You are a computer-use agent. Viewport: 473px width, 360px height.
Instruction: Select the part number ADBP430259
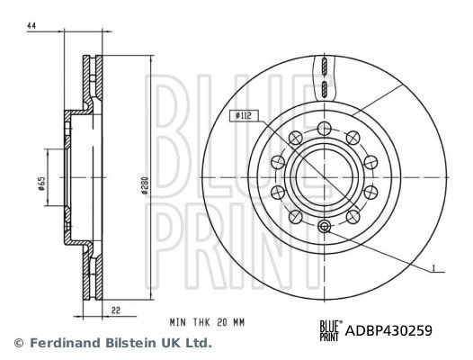tap(389, 329)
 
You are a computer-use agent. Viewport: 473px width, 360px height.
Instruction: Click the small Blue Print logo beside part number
tap(330, 330)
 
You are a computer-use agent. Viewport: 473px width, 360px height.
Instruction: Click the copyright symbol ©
tap(17, 343)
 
